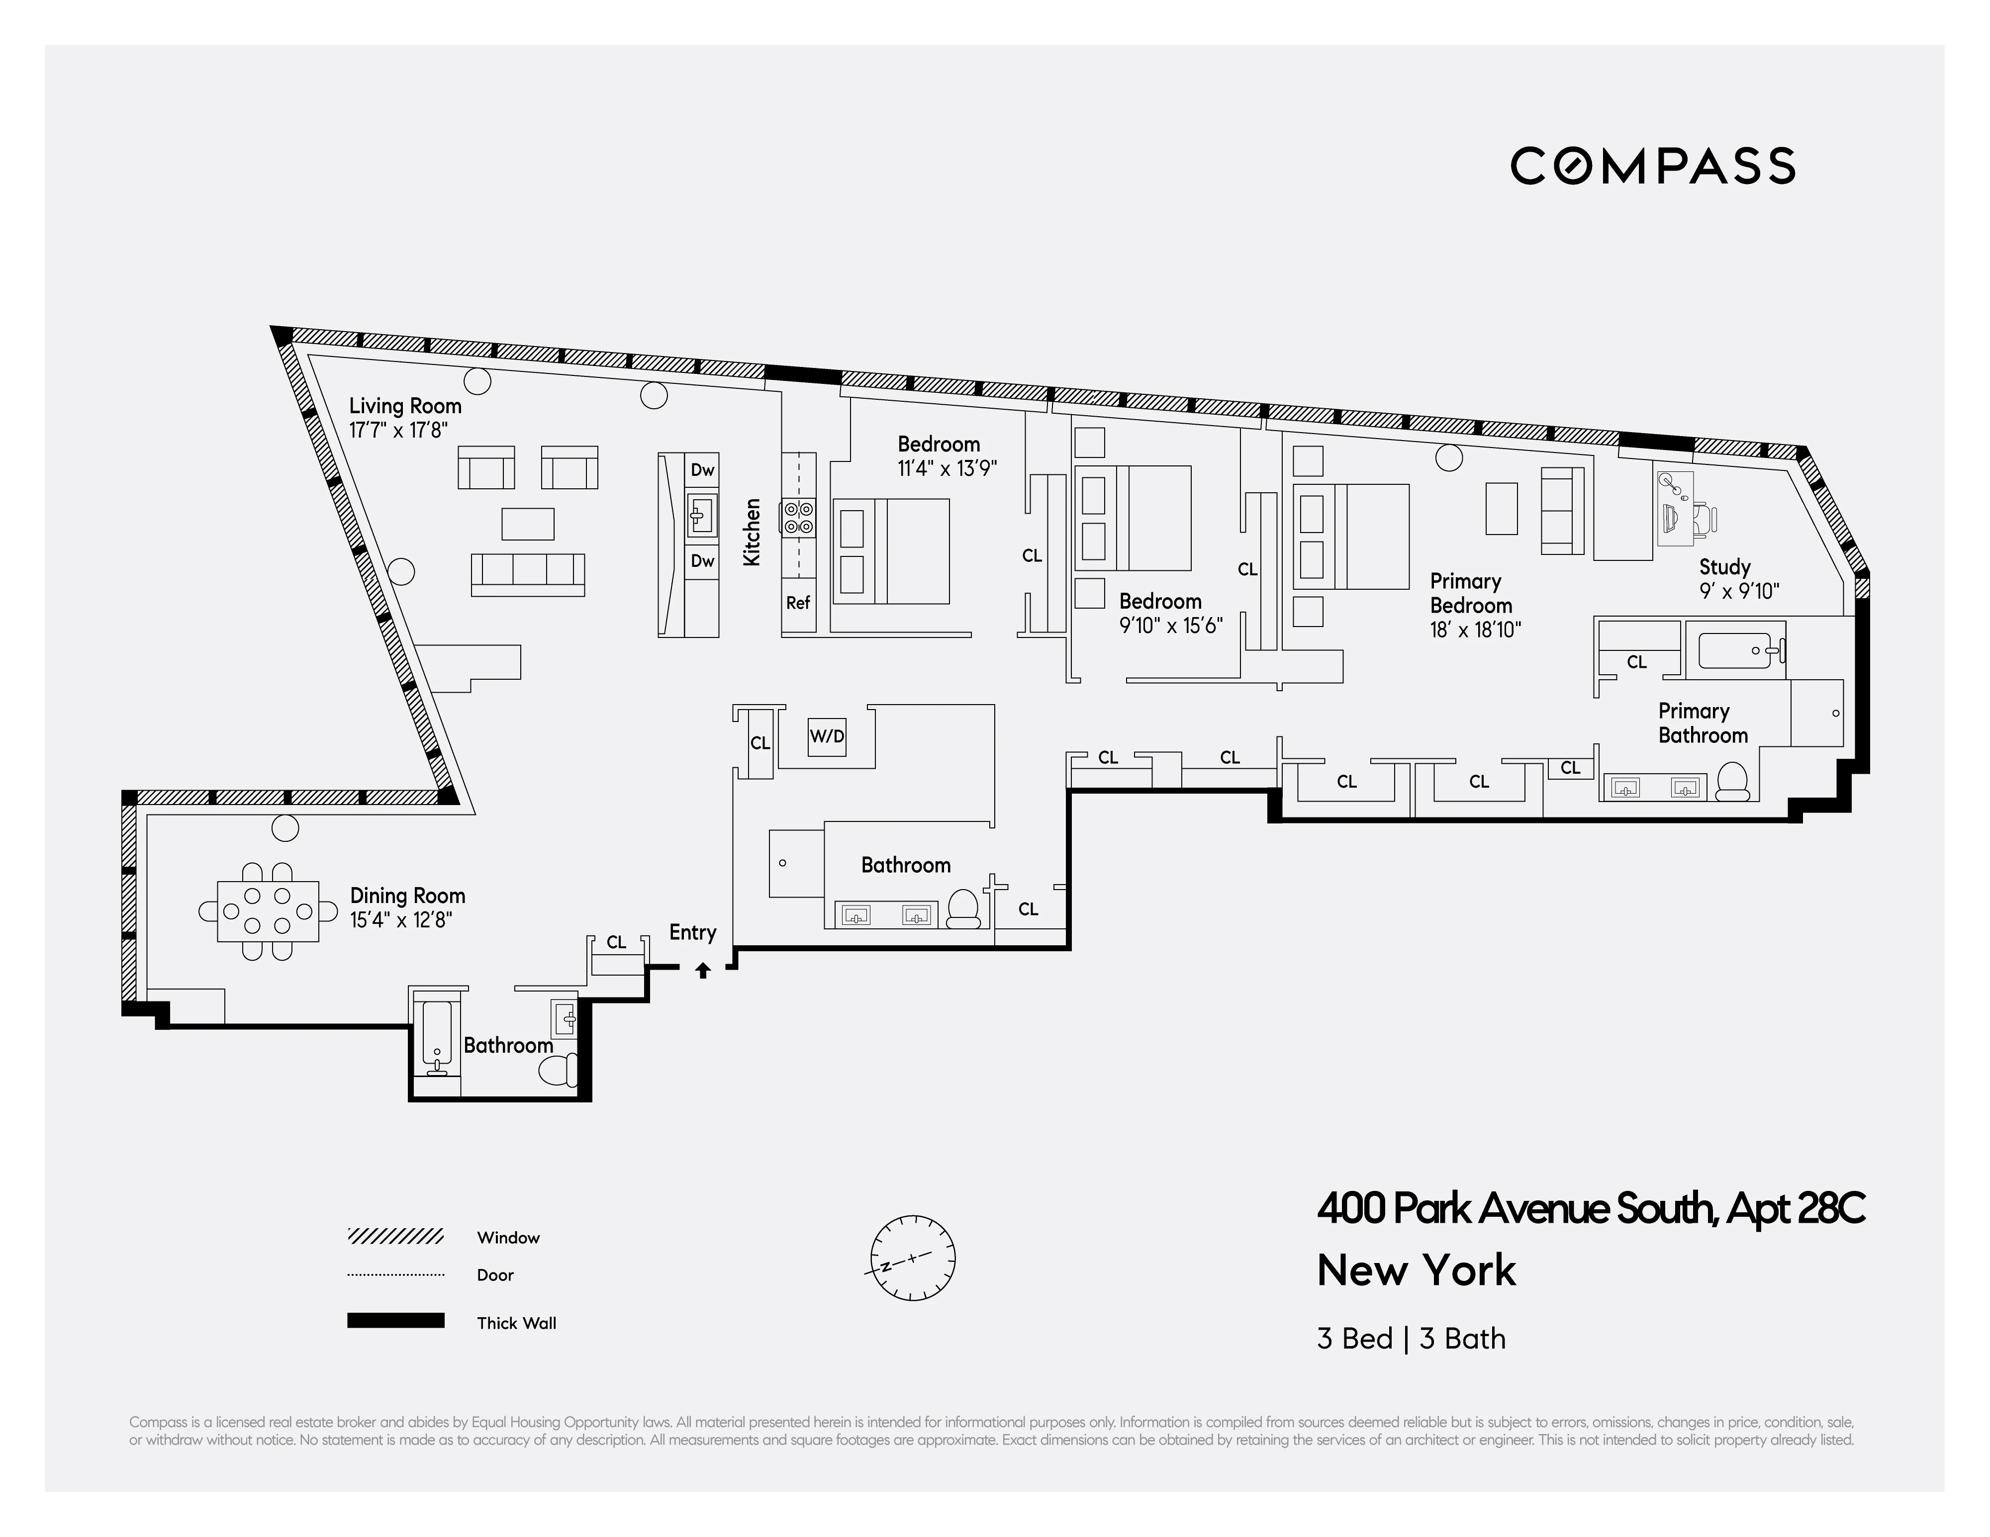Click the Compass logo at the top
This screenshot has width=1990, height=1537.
pyautogui.click(x=1652, y=166)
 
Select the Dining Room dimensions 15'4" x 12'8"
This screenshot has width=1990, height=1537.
pyautogui.click(x=401, y=920)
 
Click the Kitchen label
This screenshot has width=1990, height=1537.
pyautogui.click(x=752, y=532)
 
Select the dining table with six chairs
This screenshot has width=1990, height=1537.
pyautogui.click(x=268, y=910)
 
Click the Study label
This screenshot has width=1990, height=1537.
pyautogui.click(x=1724, y=567)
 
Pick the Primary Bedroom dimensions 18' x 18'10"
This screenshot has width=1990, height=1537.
pyautogui.click(x=1475, y=630)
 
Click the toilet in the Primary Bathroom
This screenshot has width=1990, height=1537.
pyautogui.click(x=1731, y=781)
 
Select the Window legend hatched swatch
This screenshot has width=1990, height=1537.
pyautogui.click(x=395, y=1236)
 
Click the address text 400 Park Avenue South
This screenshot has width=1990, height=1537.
pyautogui.click(x=1517, y=1209)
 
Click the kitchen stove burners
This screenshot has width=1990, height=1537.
pyautogui.click(x=798, y=518)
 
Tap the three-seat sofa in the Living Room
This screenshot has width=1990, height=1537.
pyautogui.click(x=528, y=573)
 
